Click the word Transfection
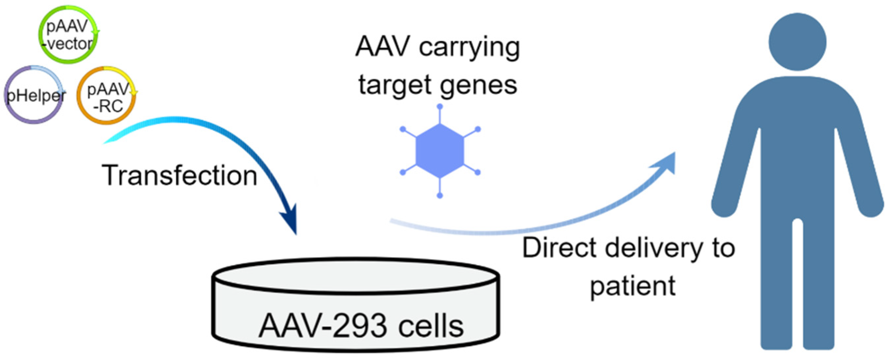(x=179, y=176)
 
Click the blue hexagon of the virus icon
(x=439, y=151)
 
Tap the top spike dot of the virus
(x=439, y=107)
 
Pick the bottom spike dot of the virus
(x=439, y=196)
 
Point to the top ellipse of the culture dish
(x=356, y=276)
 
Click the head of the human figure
(x=797, y=42)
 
